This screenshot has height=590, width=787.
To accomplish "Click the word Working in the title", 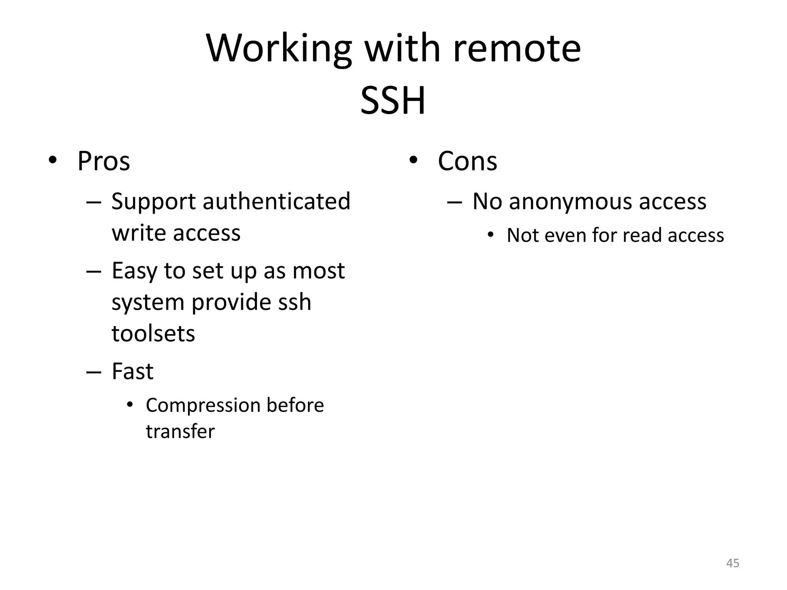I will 279,49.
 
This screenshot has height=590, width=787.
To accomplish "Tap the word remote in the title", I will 517,49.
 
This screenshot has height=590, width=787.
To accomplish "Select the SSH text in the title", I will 393,101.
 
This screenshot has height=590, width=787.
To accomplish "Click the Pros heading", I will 104,161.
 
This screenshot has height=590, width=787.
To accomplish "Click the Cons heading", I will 467,161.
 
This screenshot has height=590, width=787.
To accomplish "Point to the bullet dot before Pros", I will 53,160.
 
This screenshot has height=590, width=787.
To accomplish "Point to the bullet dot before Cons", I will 413,160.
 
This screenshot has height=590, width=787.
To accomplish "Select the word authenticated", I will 276,201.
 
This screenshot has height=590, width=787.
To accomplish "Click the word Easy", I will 134,271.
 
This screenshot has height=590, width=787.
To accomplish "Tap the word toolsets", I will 153,333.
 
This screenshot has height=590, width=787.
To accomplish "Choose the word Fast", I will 133,371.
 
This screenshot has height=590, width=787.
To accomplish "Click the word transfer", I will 180,431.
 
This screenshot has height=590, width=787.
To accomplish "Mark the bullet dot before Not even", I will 490,235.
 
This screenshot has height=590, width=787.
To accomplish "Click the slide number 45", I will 732,563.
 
